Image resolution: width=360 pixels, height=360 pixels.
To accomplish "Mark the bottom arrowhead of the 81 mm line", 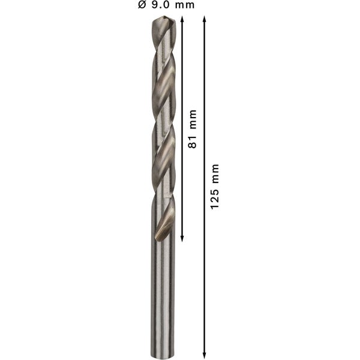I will tap(182, 238).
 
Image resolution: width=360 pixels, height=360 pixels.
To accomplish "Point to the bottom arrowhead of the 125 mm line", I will tap(205, 354).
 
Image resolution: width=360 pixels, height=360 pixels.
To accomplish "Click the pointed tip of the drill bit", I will tap(161, 20).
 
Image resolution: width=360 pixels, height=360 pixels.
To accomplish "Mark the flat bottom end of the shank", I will tap(161, 355).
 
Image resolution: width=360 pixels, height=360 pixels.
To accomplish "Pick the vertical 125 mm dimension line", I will tap(205, 270).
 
